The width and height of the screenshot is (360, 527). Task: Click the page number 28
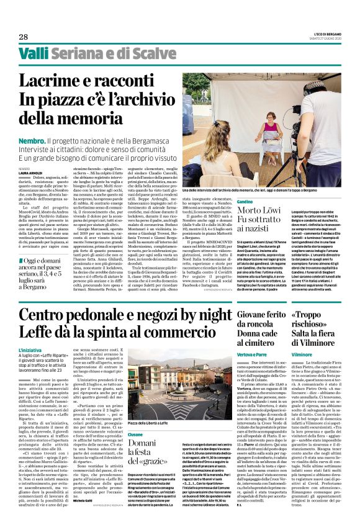coord(23,37)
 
